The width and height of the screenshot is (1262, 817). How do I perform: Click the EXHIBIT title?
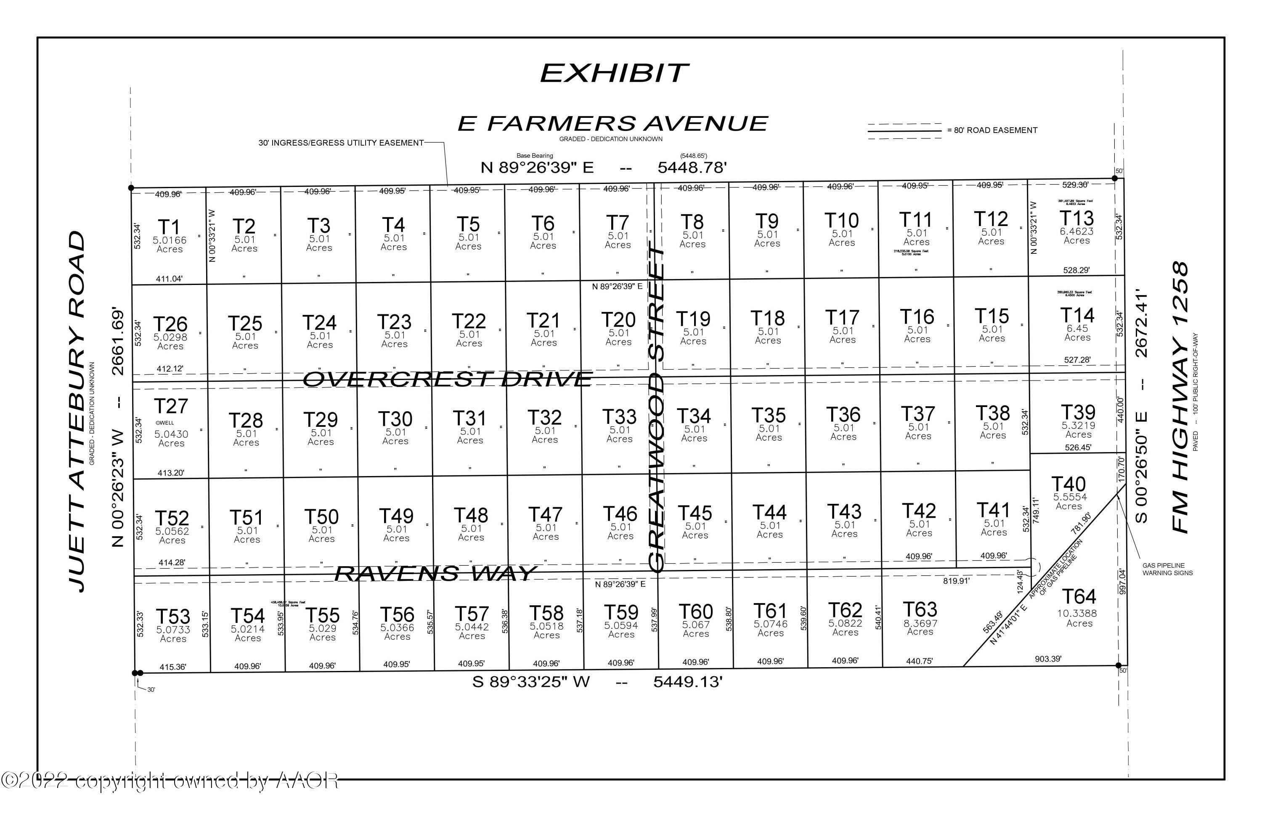(614, 73)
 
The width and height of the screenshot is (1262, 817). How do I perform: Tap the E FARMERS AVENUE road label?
(612, 124)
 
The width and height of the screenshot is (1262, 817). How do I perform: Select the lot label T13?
(1076, 218)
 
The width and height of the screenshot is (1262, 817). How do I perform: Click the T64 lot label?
(1079, 597)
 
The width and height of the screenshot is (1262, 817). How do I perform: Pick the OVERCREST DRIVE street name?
(447, 379)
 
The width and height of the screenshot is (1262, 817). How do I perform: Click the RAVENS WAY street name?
(435, 573)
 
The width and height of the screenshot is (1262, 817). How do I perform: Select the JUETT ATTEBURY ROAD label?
(77, 411)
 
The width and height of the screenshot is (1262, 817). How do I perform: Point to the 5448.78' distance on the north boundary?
(692, 168)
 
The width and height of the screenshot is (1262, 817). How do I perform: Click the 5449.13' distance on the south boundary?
(688, 682)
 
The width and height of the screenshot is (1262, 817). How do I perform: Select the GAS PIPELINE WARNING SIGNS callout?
(1168, 569)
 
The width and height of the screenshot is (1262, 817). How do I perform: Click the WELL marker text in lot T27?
(165, 423)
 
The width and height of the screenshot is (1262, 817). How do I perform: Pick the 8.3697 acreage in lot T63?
(920, 623)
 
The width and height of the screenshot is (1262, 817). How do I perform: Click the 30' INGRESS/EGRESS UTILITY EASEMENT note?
(341, 143)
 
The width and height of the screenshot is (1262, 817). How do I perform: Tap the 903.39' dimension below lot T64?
(1048, 659)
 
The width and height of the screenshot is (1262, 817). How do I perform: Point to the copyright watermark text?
(170, 780)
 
